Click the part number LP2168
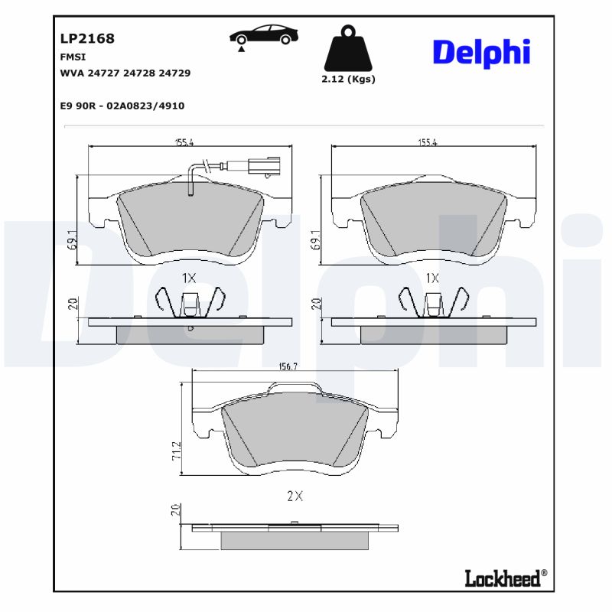[87, 38]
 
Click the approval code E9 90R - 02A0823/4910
[122, 106]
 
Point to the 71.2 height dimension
[177, 450]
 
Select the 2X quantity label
[295, 496]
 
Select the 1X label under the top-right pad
[432, 278]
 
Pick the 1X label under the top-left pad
[190, 278]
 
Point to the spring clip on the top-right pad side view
[432, 302]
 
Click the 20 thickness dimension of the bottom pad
[177, 511]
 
